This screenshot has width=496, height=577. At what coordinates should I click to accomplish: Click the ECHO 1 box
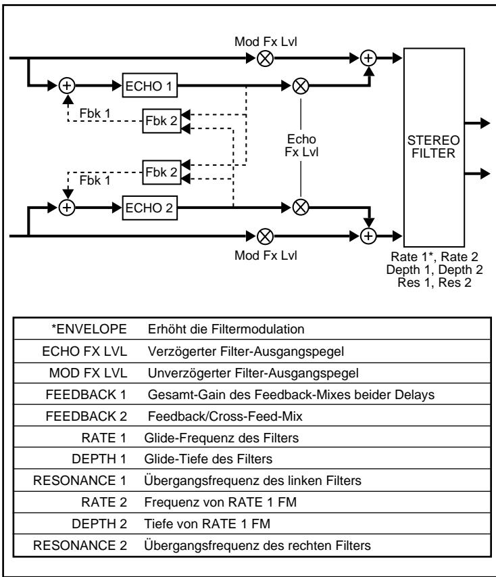(x=150, y=86)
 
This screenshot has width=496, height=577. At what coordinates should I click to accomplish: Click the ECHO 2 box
(x=150, y=207)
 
